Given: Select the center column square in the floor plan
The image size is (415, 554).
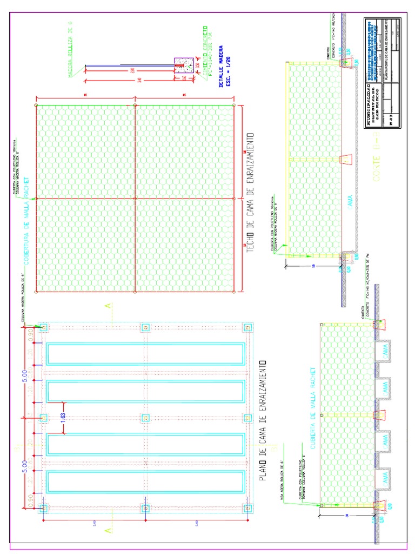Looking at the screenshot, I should click(145, 418).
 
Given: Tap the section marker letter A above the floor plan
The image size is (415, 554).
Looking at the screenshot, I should click(108, 306).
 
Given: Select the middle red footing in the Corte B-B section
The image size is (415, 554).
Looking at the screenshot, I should click(345, 159).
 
